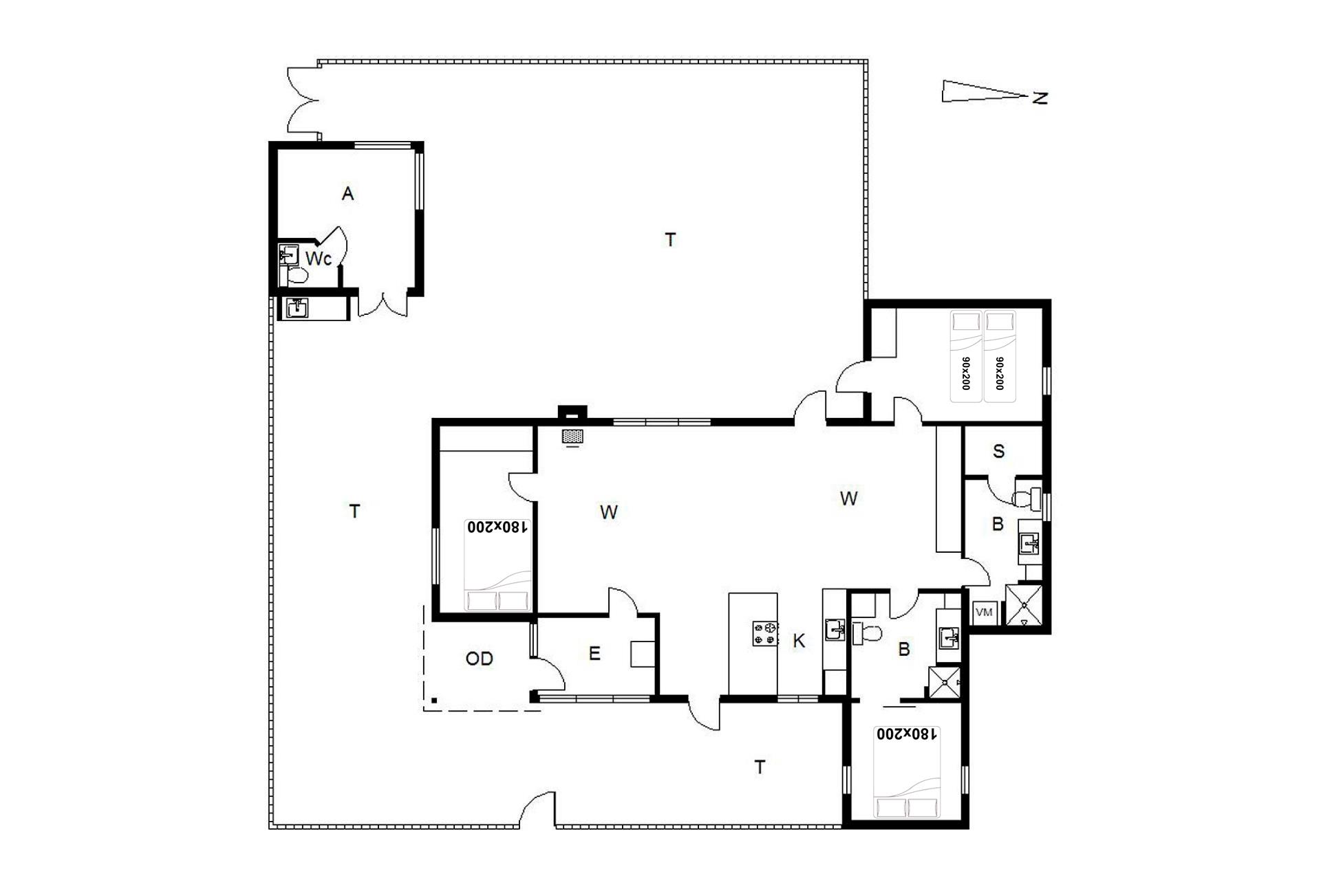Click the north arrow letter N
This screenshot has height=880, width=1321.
point(1040,98)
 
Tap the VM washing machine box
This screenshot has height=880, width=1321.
point(984,612)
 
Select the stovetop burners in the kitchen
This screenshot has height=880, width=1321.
point(765,633)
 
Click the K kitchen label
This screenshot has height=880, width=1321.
point(799,641)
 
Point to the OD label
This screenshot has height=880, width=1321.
point(479,659)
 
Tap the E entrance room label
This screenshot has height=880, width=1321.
point(594,653)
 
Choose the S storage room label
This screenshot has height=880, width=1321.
point(998,451)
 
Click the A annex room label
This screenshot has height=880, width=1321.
point(347,194)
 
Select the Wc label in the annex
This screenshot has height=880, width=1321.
point(319,258)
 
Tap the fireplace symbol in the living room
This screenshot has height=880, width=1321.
point(572,436)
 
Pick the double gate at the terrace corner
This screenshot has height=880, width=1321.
point(303,100)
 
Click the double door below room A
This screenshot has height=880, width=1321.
point(383,305)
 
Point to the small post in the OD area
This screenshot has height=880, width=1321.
point(434,701)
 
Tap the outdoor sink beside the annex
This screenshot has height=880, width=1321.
point(297,307)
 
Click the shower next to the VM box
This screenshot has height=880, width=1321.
point(1024,605)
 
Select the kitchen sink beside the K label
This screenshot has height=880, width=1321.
point(835,630)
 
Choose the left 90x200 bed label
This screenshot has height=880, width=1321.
point(965,373)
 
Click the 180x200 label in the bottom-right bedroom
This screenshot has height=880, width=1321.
point(906,734)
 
